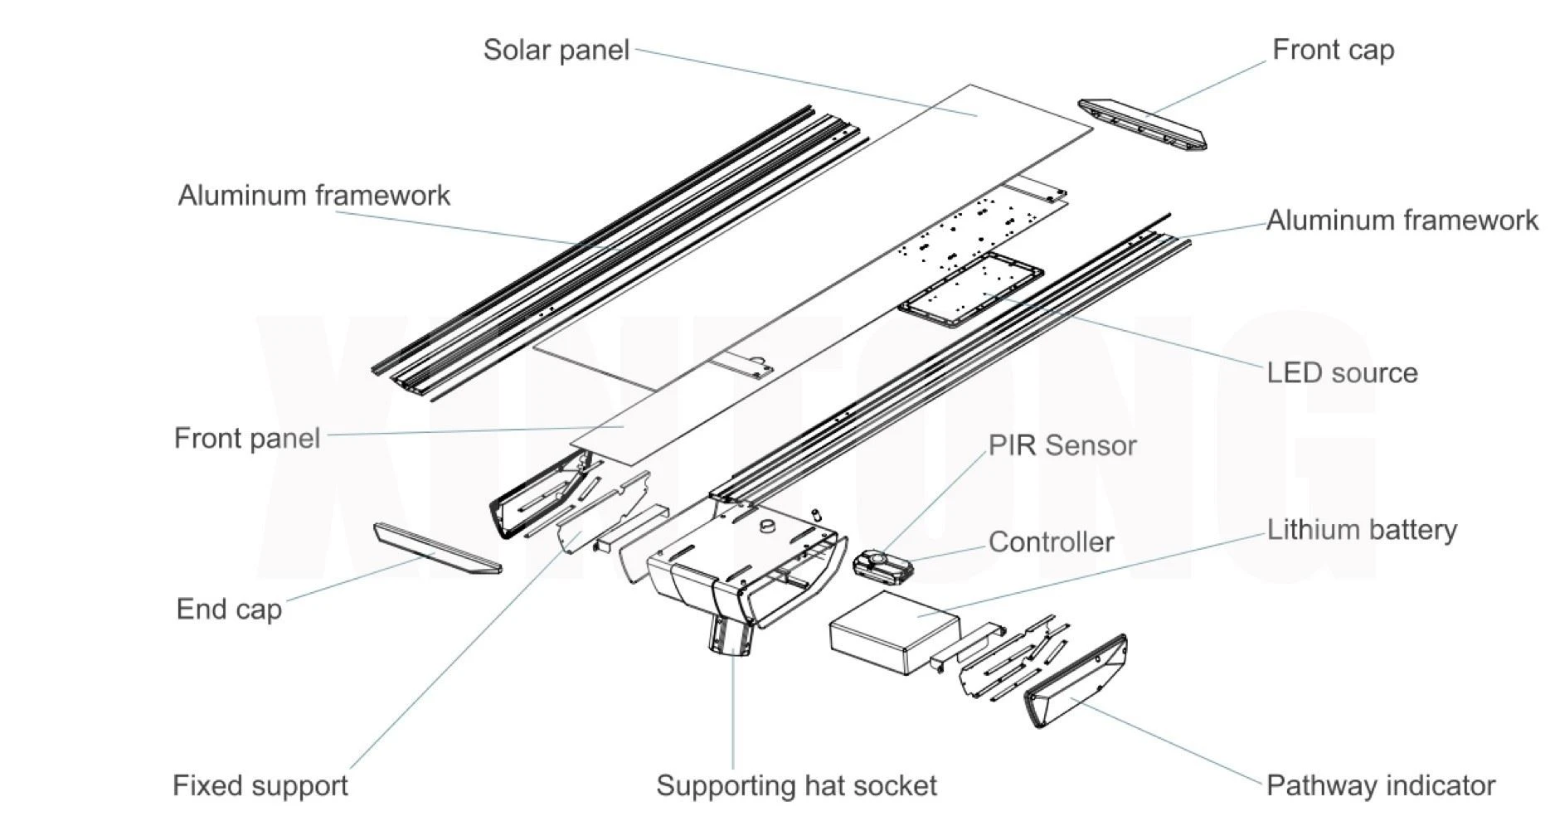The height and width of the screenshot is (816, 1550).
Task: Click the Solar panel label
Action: [556, 51]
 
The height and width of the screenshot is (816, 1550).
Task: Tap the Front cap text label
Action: [1334, 50]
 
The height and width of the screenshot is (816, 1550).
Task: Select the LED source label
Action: [1342, 373]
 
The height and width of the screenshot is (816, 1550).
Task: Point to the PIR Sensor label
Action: [1062, 445]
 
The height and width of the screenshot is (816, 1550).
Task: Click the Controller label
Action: [1052, 542]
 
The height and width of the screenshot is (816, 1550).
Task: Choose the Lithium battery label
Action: [1362, 530]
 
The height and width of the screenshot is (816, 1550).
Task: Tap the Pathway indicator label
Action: [1381, 785]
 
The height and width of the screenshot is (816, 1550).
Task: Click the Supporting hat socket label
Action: [796, 785]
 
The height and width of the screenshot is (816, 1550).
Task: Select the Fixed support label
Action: [260, 785]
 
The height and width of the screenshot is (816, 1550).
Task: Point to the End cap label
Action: [229, 610]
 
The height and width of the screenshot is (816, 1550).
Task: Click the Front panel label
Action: [247, 438]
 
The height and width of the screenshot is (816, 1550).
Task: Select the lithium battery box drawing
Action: [894, 632]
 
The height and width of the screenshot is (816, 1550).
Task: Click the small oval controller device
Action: [882, 566]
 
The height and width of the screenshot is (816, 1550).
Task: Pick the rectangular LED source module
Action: [970, 290]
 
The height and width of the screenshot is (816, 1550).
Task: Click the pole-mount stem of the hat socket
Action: [731, 636]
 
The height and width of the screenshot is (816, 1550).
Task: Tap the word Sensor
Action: [1091, 445]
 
